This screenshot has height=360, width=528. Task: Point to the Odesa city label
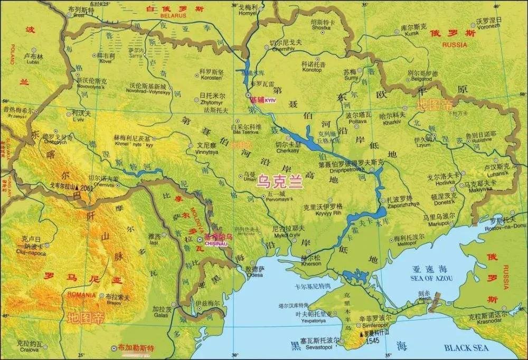tap(254, 274)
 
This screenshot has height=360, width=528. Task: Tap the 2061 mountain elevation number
tap(87, 188)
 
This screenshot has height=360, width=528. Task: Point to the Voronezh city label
tap(488, 27)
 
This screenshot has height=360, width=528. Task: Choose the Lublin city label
tap(32, 62)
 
